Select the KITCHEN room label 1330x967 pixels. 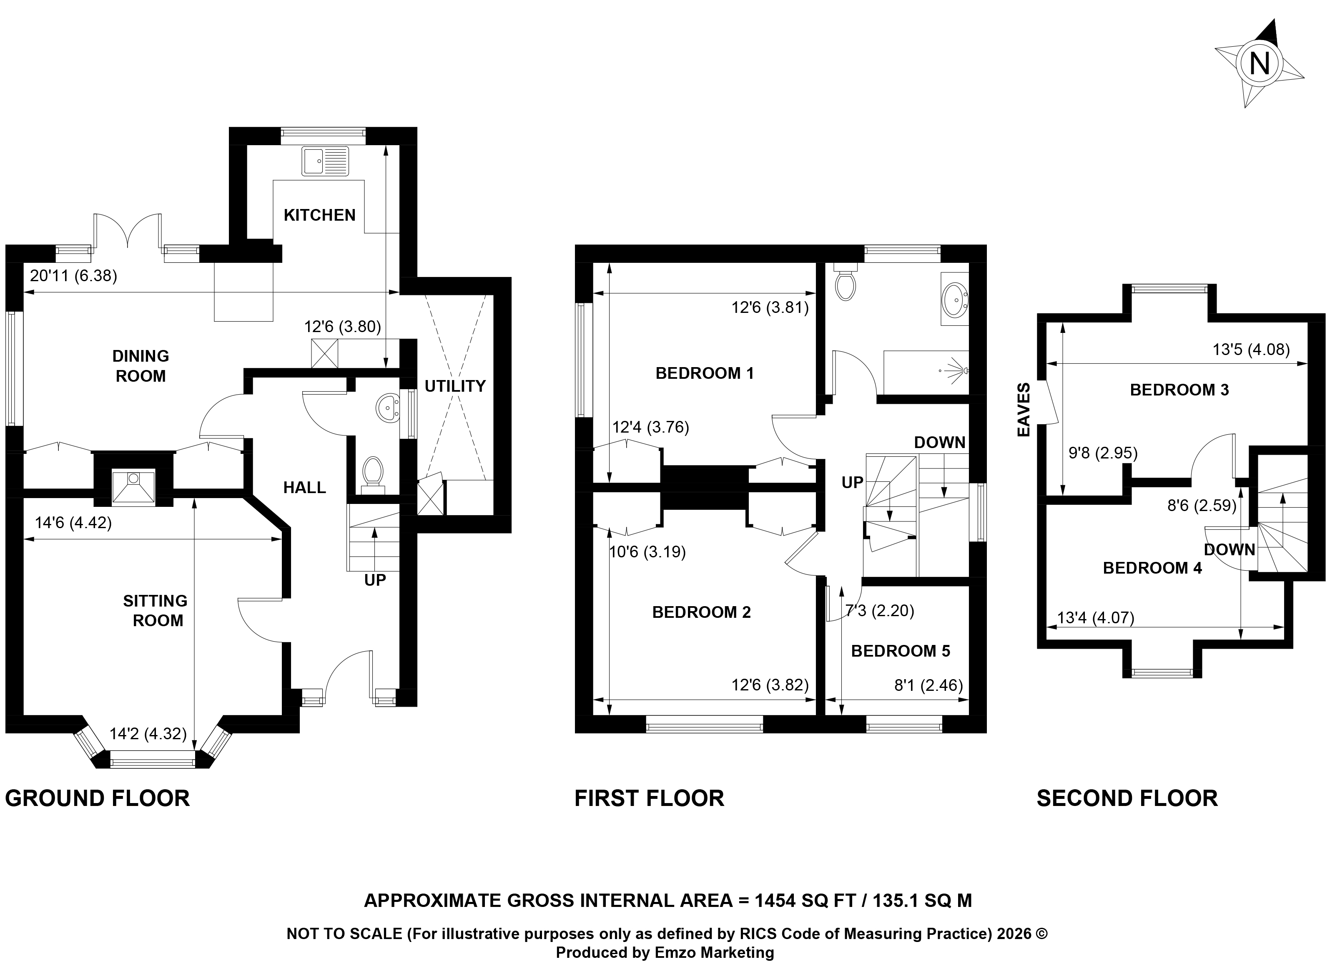point(320,215)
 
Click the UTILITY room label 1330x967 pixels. point(455,386)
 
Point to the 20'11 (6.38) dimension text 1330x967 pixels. point(73,276)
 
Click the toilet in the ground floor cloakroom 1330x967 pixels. point(372,473)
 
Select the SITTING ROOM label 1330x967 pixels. point(156,610)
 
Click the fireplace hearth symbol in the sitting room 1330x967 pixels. point(133,486)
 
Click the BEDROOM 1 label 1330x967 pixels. point(704,373)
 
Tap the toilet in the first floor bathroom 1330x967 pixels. point(845,282)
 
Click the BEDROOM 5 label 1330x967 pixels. point(901,651)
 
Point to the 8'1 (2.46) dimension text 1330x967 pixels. point(929,685)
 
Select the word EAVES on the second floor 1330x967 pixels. point(1024,410)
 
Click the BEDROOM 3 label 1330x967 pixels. point(1179,390)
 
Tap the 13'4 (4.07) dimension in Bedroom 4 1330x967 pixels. point(1095,618)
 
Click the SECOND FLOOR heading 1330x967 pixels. point(1127,798)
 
